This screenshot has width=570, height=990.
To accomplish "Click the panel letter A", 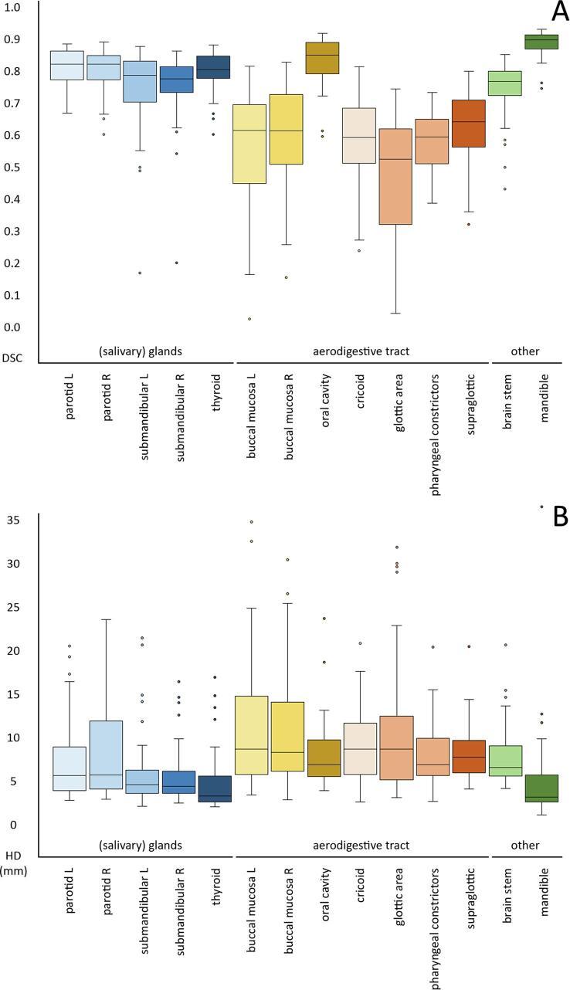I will tap(551, 13).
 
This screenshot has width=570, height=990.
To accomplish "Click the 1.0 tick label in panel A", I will tap(12, 7).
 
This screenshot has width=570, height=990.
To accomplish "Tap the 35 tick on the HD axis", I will tap(12, 520).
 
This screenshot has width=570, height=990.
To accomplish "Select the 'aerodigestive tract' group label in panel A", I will tap(361, 351).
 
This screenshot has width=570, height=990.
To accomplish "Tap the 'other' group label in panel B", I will tap(525, 846).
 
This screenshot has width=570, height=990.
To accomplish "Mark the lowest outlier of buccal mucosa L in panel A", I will tap(249, 319).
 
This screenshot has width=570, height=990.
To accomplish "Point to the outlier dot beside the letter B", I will tap(541, 507).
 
